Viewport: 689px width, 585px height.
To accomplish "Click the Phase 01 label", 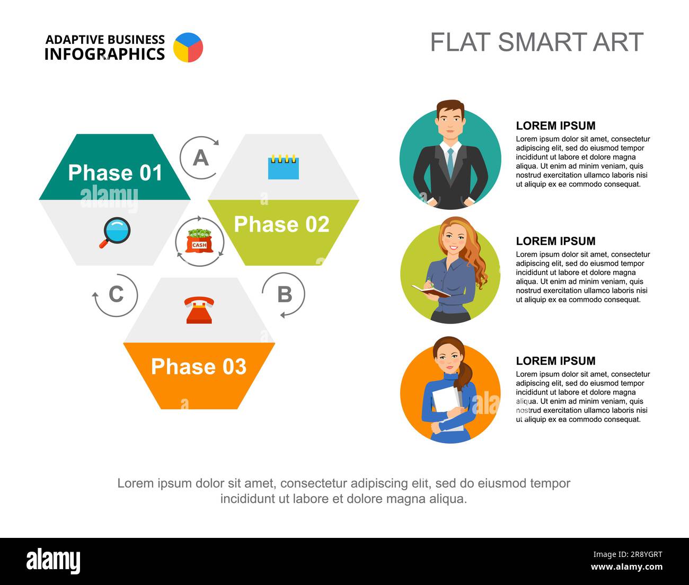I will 115,173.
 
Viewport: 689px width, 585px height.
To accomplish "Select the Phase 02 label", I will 281,224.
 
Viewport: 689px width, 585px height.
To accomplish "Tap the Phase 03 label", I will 199,367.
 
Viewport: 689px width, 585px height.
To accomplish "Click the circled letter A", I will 200,158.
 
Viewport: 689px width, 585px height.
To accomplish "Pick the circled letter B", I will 285,294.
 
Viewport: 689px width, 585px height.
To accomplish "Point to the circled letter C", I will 116,294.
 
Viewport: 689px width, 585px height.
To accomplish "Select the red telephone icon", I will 199,310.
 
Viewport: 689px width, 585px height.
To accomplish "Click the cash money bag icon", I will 199,241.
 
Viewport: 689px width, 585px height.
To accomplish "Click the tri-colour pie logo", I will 188,48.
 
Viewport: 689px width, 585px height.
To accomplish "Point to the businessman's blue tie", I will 450,162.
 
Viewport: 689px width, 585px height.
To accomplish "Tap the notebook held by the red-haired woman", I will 430,291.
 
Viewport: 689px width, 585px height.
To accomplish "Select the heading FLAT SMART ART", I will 536,42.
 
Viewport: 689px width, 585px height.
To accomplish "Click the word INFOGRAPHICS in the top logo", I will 104,54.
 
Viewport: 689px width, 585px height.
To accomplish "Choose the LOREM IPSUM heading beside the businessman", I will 555,126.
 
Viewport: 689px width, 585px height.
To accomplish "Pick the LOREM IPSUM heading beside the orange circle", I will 555,361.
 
